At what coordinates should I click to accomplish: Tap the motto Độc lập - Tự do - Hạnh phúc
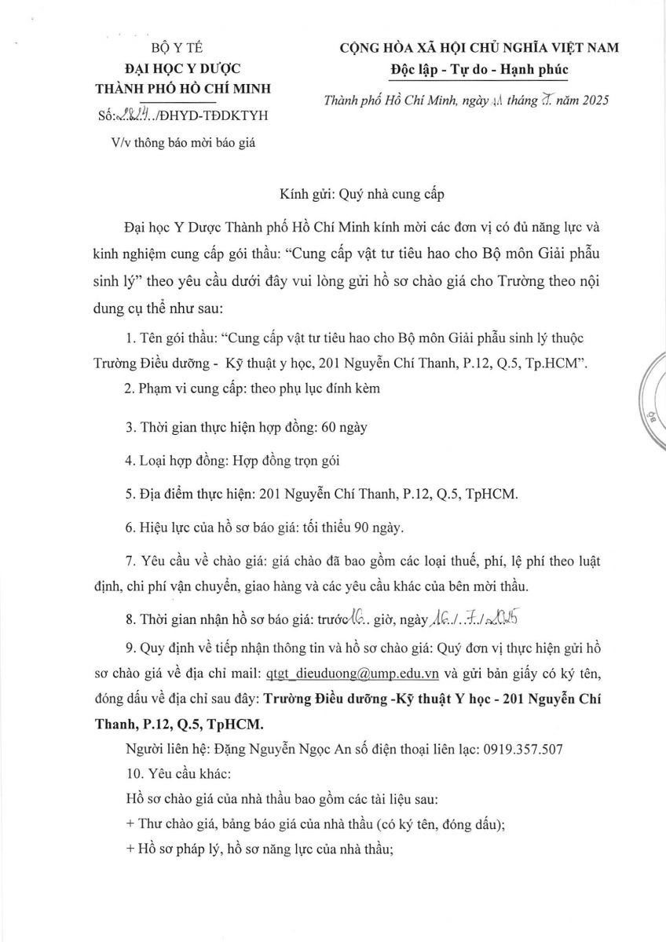(478, 69)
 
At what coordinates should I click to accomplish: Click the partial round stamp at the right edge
(653, 400)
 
